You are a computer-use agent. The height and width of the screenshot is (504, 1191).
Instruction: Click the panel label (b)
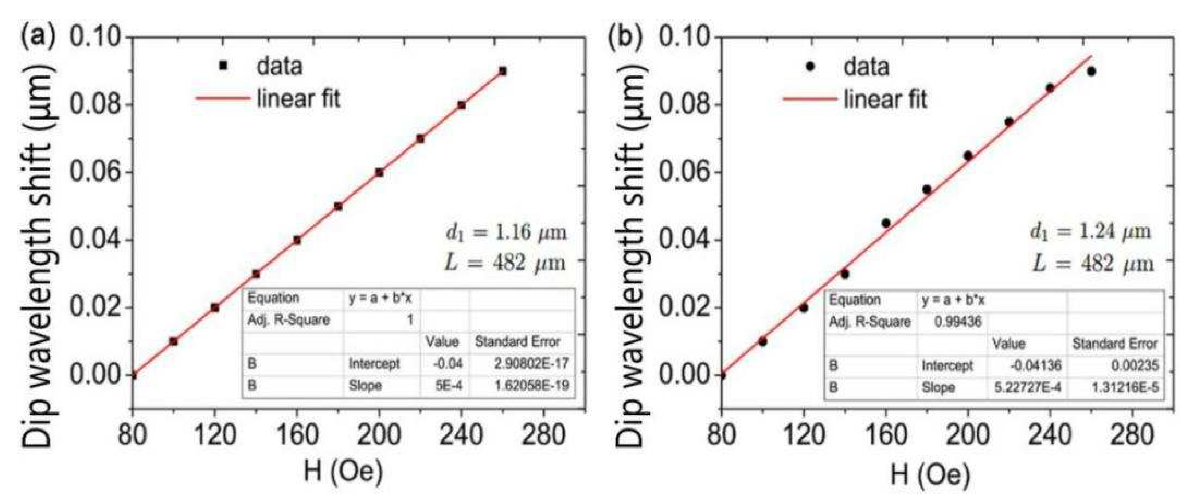point(625,37)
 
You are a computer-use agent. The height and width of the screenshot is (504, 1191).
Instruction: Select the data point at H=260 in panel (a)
point(503,71)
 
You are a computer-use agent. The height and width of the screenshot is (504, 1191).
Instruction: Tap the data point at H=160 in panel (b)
point(886,223)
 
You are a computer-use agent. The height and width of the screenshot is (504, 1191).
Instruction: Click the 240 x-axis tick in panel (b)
point(1050,435)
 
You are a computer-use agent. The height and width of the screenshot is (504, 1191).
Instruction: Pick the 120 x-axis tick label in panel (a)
point(215,435)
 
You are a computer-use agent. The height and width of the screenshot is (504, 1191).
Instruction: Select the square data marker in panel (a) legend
point(223,66)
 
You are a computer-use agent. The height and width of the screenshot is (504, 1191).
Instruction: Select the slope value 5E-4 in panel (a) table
point(449,385)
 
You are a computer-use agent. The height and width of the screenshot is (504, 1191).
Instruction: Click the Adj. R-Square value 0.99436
point(958,322)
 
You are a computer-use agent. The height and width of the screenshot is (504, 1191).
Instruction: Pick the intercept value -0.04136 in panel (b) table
point(1036,366)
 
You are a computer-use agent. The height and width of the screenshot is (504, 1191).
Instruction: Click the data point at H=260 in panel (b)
point(1091,71)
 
